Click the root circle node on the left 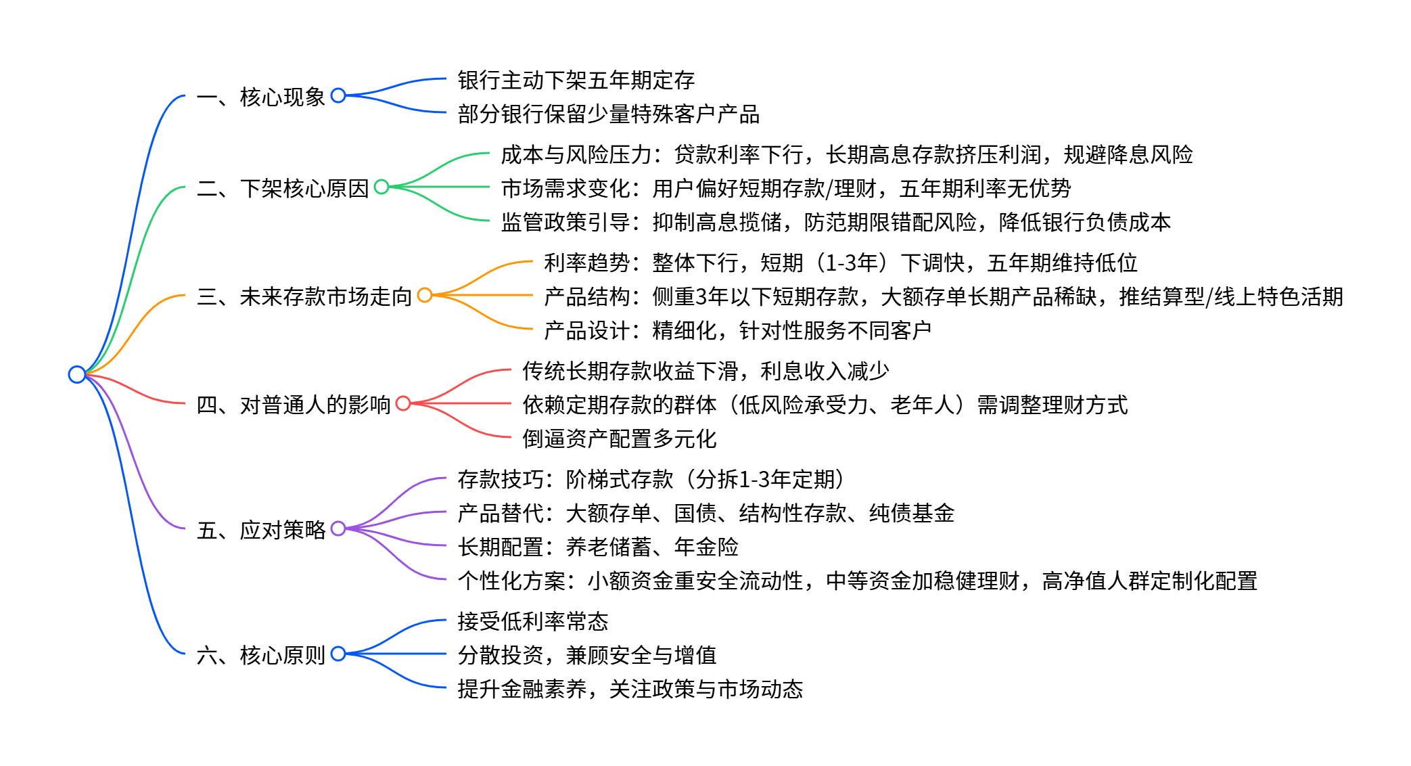(77, 374)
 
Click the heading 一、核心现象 (261, 97)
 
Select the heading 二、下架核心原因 (283, 188)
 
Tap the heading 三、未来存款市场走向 (304, 296)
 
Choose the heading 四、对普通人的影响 (294, 405)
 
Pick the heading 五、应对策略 (261, 530)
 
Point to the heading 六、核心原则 (261, 655)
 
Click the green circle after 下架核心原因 (381, 187)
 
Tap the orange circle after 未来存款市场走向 (425, 295)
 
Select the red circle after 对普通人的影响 (403, 403)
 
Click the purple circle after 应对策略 (338, 528)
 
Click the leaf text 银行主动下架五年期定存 (576, 80)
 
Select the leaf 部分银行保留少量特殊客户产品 (609, 114)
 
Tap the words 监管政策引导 (565, 222)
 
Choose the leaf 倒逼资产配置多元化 (620, 438)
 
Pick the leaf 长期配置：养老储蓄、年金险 (598, 547)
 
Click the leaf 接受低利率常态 (533, 621)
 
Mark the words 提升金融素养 (522, 689)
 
